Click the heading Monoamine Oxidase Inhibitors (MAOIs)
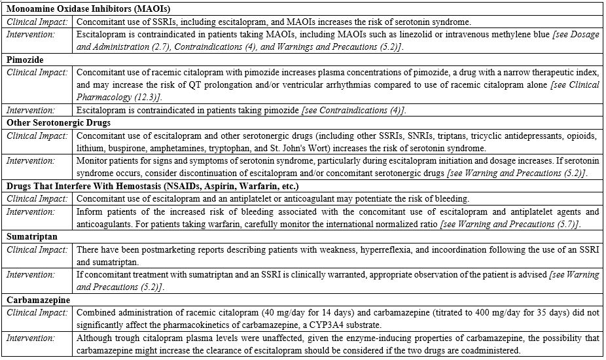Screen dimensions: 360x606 (87, 10)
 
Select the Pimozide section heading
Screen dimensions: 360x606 (26, 60)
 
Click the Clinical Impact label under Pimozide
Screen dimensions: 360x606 (37, 72)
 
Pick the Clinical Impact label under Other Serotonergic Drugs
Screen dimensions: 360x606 (37, 135)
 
